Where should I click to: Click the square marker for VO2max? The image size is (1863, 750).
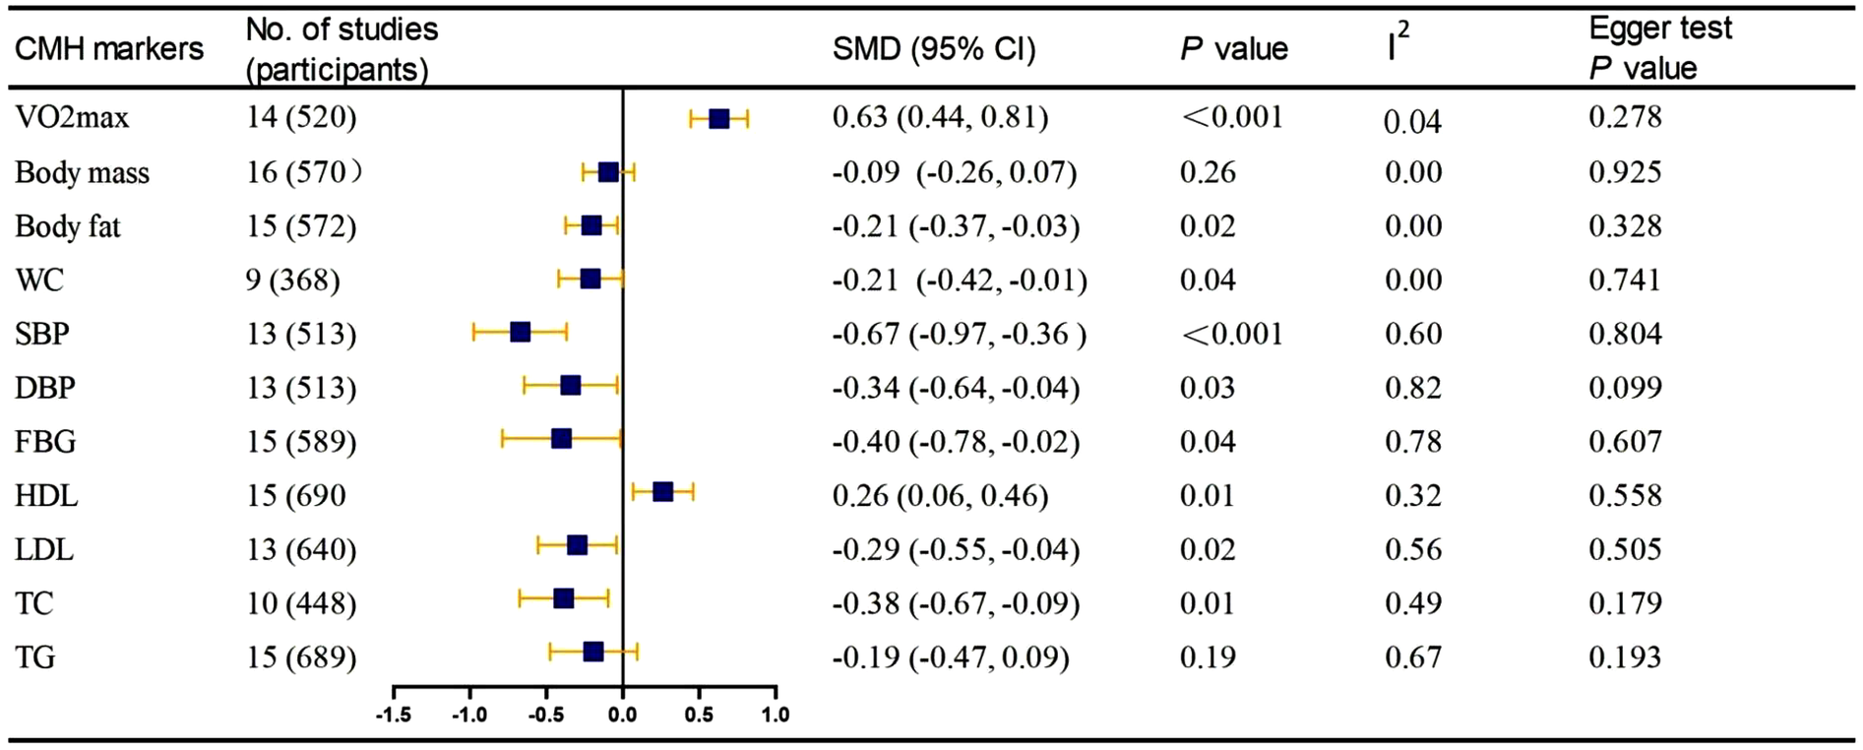719,118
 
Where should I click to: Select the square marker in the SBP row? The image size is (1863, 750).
520,333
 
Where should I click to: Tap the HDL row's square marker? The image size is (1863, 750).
662,491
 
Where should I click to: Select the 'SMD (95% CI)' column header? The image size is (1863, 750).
933,49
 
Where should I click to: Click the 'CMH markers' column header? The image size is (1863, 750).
108,49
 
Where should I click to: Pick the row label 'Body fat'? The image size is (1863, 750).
67,226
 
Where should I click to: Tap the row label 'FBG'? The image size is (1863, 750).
45,442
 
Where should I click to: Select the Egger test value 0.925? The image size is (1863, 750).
1625,172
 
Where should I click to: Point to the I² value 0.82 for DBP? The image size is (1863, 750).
1412,388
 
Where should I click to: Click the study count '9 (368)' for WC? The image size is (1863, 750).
292,281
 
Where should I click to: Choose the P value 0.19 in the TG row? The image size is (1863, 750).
1207,656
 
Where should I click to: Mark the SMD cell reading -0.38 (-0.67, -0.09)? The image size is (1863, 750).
956,603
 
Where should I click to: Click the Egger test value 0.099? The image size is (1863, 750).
1625,388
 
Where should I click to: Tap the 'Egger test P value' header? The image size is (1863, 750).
1659,48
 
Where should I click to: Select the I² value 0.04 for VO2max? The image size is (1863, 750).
1412,121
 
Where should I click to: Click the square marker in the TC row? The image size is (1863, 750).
563,598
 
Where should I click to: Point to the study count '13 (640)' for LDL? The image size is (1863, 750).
301,549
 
